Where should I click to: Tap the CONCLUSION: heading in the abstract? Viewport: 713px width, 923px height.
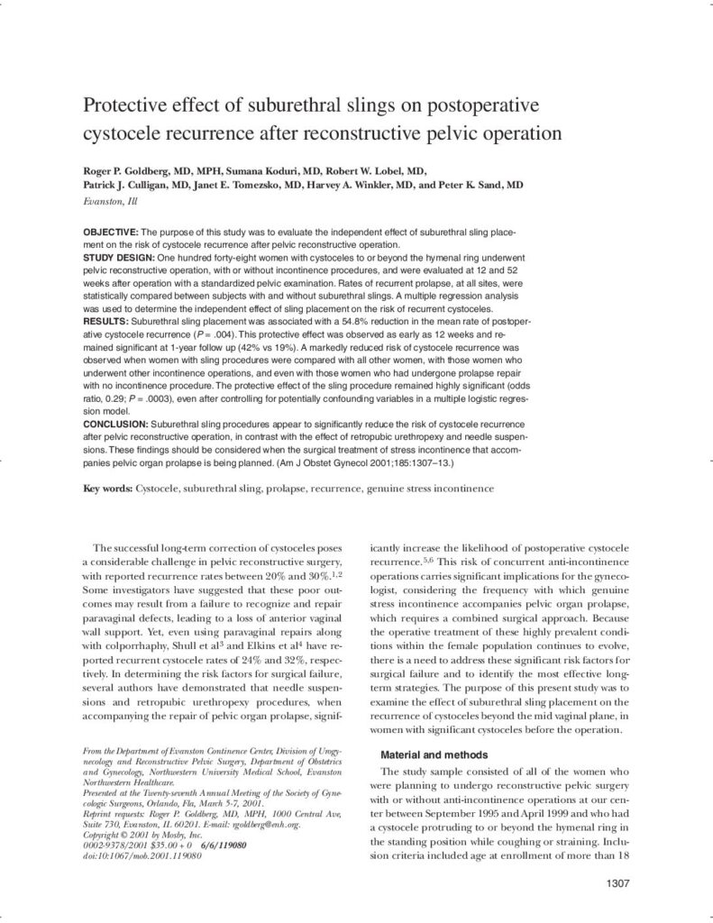pos(115,422)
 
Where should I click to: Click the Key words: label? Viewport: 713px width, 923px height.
pos(108,489)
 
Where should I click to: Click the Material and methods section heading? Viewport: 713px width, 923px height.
pos(434,754)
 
